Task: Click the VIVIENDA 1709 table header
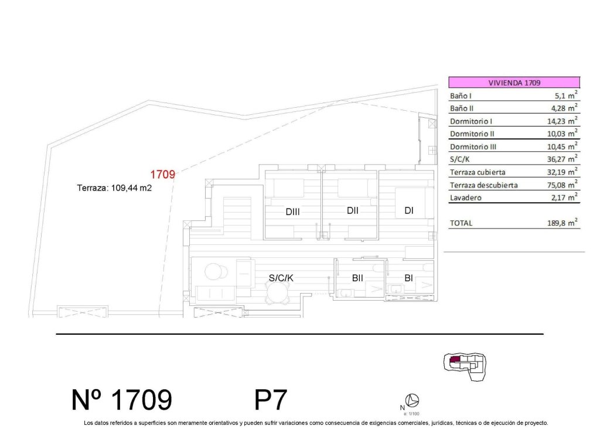point(514,83)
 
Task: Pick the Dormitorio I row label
point(471,121)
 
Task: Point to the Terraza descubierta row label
point(483,185)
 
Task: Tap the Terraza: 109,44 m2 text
point(114,189)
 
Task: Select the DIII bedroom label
point(293,212)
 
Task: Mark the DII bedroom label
point(353,210)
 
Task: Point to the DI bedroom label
point(409,210)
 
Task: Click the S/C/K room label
point(281,278)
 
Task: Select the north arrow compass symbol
point(413,401)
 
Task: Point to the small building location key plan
point(466,365)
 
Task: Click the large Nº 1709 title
point(122,400)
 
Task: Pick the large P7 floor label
point(271,400)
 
